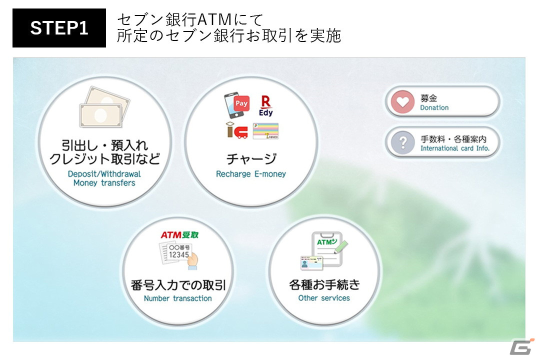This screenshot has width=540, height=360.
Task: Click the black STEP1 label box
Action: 59,28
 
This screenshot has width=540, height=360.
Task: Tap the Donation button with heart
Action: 442,102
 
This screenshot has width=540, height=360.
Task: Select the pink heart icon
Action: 402,102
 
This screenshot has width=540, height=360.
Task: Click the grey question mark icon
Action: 402,143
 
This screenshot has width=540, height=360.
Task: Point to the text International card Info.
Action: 454,148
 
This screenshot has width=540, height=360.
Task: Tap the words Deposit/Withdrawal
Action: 104,174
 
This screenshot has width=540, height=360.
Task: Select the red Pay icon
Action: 241,103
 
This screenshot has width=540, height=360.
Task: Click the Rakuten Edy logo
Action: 265,106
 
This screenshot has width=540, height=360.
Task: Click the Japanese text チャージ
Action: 251,159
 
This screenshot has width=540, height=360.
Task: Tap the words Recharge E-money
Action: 251,174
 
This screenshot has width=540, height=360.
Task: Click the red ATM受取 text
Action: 179,234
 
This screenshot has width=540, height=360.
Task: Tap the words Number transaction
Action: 177,298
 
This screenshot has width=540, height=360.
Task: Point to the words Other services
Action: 324,298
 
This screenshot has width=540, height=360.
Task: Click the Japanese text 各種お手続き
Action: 324,284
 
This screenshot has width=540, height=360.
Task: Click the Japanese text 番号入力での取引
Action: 177,285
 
